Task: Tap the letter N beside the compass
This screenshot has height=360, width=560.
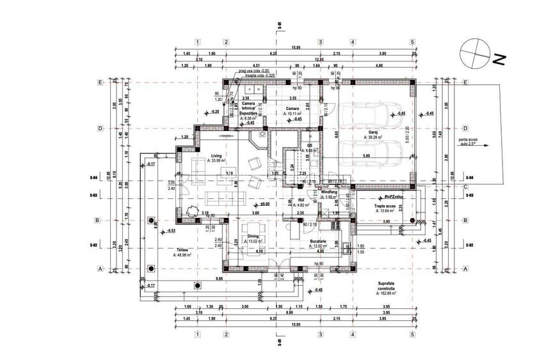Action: pyautogui.click(x=499, y=60)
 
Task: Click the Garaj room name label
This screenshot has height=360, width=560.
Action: pyautogui.click(x=371, y=132)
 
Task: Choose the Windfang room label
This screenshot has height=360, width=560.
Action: pyautogui.click(x=330, y=191)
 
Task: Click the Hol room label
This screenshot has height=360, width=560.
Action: pyautogui.click(x=300, y=200)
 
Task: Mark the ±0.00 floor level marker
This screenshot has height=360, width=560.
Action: pyautogui.click(x=264, y=203)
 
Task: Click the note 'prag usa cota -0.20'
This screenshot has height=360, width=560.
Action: pyautogui.click(x=253, y=71)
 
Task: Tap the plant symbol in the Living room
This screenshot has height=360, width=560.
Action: pyautogui.click(x=189, y=209)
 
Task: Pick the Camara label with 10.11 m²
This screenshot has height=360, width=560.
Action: pyautogui.click(x=294, y=109)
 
